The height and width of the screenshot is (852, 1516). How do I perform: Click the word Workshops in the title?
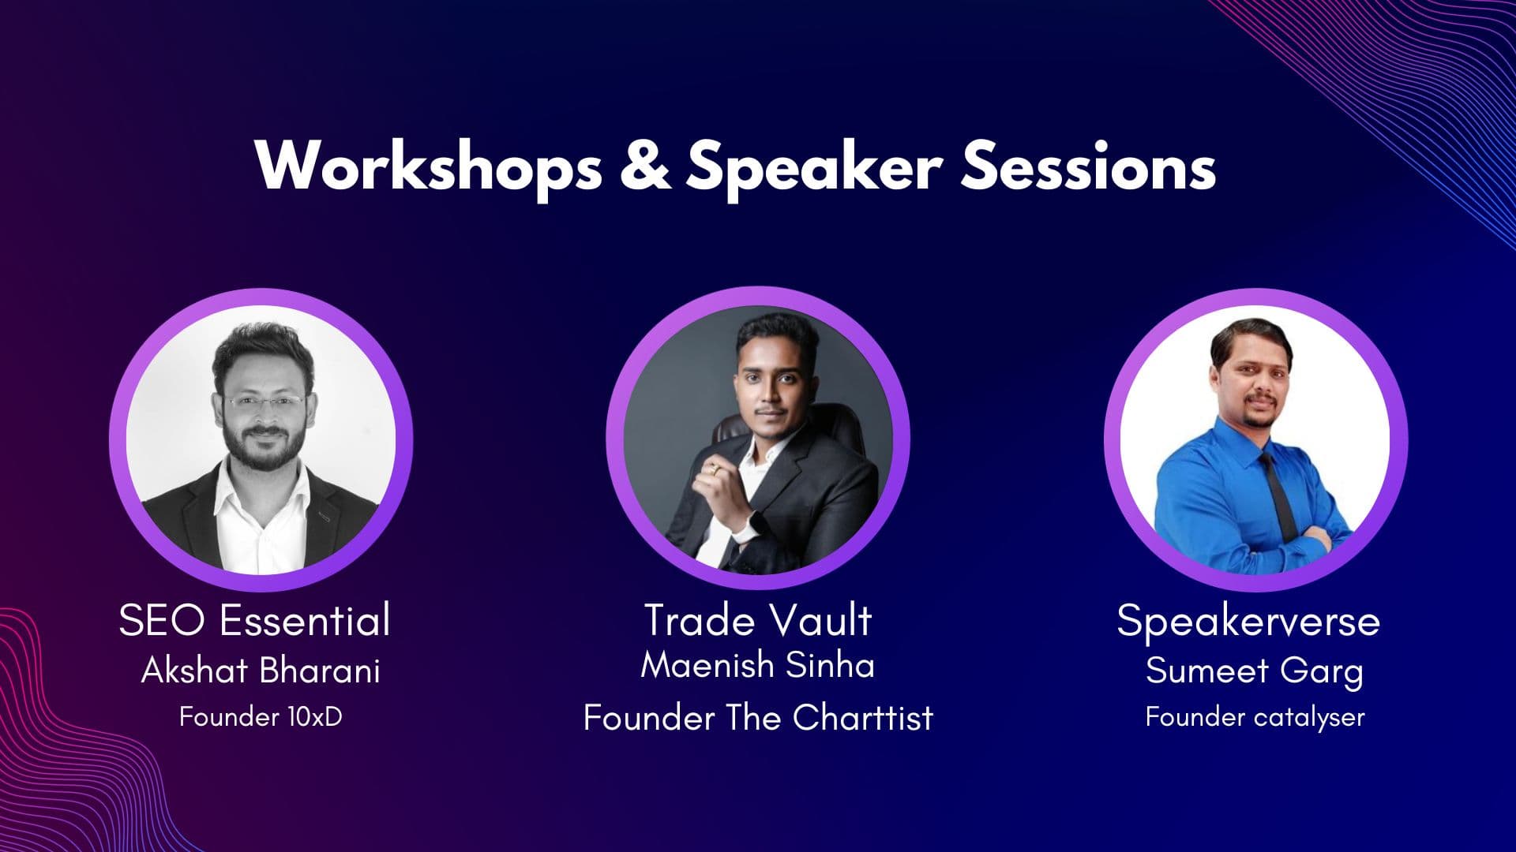pyautogui.click(x=429, y=166)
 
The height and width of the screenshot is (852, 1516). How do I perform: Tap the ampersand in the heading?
pyautogui.click(x=645, y=166)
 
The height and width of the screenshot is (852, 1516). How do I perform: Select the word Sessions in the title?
pyautogui.click(x=1088, y=166)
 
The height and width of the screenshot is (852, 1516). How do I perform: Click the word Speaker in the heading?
pyautogui.click(x=814, y=167)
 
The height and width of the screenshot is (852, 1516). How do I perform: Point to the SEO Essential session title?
pyautogui.click(x=254, y=619)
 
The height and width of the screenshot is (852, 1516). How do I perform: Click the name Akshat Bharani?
pyautogui.click(x=261, y=671)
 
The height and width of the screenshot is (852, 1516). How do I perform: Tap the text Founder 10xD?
pyautogui.click(x=261, y=716)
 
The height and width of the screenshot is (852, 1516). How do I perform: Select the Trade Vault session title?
pyautogui.click(x=758, y=619)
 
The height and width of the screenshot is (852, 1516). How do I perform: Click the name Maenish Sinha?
pyautogui.click(x=758, y=664)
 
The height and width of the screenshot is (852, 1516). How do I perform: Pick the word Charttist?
pyautogui.click(x=863, y=717)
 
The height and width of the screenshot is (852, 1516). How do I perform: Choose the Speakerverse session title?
pyautogui.click(x=1248, y=621)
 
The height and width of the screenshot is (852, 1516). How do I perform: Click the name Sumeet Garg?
pyautogui.click(x=1255, y=671)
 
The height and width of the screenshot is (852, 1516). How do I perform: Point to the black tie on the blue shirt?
pyautogui.click(x=1278, y=493)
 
